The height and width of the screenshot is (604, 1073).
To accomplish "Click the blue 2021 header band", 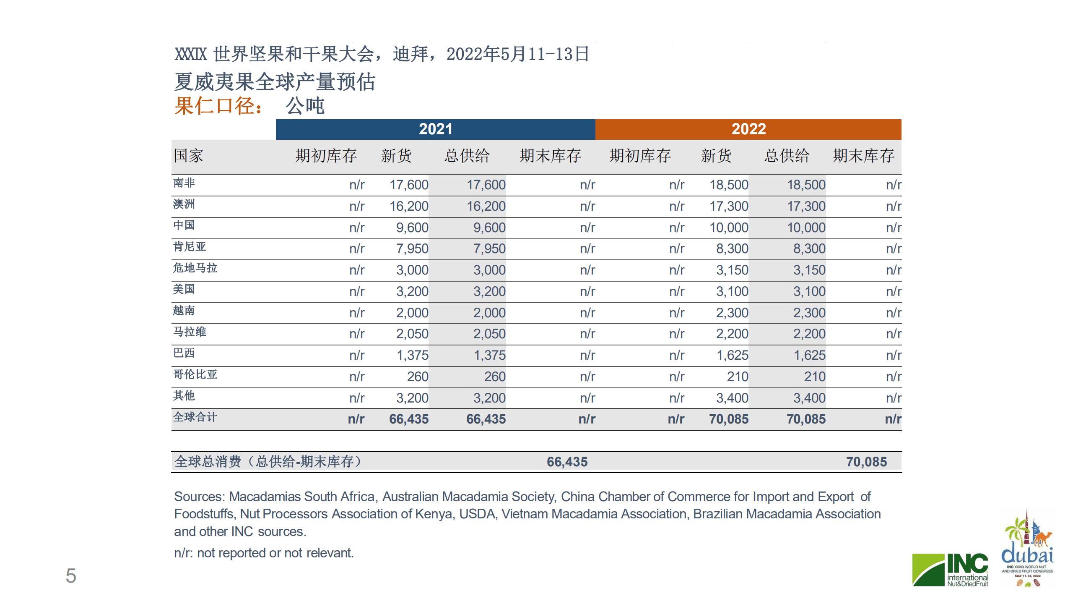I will click(435, 129).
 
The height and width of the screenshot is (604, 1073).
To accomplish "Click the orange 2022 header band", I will click(748, 129).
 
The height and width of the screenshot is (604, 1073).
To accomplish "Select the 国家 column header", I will click(189, 156).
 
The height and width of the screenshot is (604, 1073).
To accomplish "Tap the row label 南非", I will click(184, 183).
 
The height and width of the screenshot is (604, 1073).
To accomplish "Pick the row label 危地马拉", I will click(195, 268).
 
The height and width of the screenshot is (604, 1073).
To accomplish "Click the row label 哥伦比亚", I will click(195, 374).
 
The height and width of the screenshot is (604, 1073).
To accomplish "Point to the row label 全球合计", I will click(195, 417).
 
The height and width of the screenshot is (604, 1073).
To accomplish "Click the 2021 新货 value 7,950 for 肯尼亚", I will click(412, 249).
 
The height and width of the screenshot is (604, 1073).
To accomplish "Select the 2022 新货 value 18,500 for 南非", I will click(728, 185).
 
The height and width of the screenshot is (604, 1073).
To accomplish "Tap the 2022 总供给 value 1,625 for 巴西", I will click(809, 356).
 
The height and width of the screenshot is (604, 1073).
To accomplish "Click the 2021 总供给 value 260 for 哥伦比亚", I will click(495, 377).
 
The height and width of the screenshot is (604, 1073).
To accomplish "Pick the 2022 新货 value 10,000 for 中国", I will click(728, 228).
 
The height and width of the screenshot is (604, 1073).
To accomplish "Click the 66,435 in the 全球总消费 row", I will click(567, 462).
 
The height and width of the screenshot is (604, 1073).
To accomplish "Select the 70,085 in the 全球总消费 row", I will click(866, 462).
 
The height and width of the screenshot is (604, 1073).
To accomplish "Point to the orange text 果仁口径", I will click(218, 106).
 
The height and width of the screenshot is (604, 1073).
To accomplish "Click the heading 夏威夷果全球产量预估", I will click(275, 82).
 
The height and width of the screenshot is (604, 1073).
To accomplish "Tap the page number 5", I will click(71, 576).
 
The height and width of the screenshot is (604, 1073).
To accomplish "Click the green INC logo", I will click(950, 570).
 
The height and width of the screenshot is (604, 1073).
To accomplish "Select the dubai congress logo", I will click(1027, 550).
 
